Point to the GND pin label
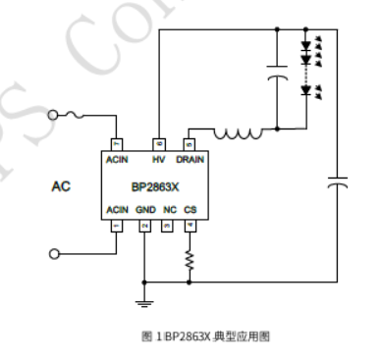144,210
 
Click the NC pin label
168,210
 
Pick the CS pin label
190,210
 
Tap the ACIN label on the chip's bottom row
119,210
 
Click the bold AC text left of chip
60,184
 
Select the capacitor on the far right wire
339,181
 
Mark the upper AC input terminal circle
54,114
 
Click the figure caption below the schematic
203,335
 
